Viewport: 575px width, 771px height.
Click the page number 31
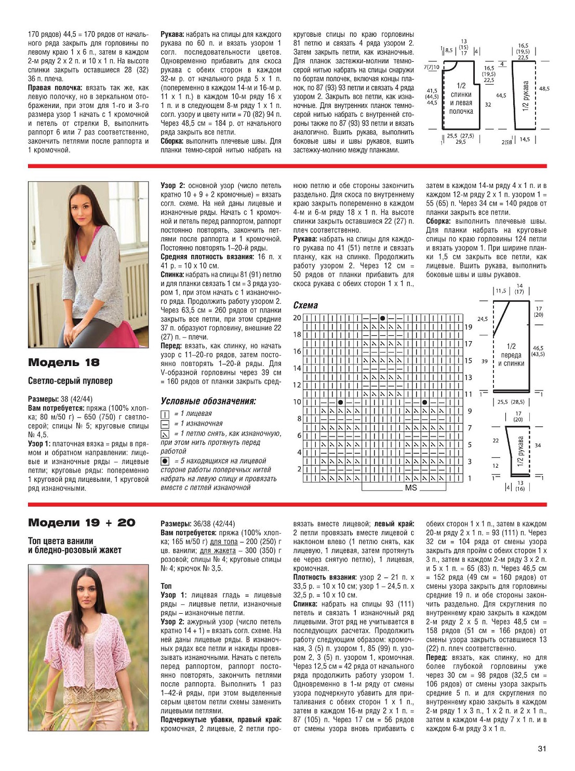542,748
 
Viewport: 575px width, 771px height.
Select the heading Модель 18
63,362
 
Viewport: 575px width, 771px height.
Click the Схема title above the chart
305,305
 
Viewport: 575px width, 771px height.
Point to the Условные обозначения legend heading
208,401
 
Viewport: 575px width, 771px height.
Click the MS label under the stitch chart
411,488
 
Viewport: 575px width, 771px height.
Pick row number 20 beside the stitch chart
297,318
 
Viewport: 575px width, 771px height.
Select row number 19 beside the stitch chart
468,327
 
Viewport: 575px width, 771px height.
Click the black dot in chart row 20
383,318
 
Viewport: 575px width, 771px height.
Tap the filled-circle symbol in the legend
165,461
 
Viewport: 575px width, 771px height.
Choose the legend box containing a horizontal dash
165,424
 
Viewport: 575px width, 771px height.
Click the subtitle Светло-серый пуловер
70,381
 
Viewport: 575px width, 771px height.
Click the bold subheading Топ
166,586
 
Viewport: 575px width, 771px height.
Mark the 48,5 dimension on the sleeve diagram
544,89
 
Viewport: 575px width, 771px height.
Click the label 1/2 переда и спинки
511,355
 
